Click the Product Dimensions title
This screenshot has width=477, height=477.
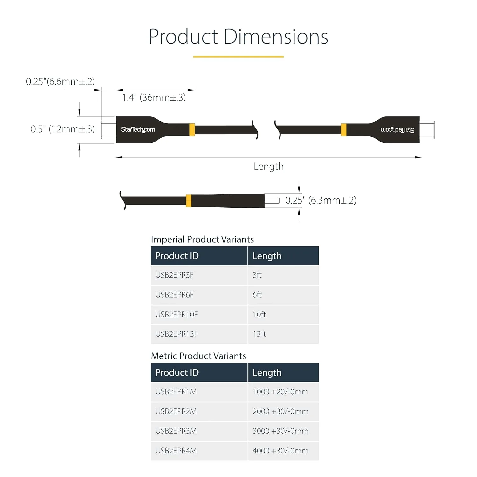(238, 37)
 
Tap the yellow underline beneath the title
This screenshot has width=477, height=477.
(238, 57)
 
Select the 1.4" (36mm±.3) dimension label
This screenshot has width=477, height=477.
(154, 97)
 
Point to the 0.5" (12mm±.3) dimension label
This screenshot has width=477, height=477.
(63, 129)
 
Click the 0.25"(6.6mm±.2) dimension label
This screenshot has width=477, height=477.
(60, 81)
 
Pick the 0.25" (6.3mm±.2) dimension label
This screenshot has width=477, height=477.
(321, 200)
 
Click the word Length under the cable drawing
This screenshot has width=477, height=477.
(268, 167)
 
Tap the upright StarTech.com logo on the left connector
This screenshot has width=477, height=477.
(138, 129)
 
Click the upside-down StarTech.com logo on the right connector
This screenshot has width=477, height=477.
(397, 130)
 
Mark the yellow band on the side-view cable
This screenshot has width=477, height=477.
(189, 201)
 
